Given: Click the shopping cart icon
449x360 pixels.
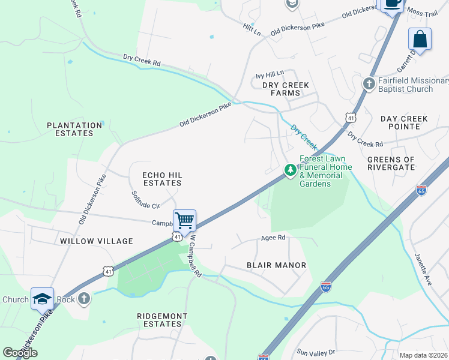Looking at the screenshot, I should click(x=185, y=220).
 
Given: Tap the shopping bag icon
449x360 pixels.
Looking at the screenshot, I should click(x=420, y=40).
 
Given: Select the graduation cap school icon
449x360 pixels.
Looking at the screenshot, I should click(x=42, y=298).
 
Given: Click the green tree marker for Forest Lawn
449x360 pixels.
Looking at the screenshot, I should click(x=291, y=171).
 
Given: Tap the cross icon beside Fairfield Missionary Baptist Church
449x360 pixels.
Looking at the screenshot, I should click(x=370, y=82).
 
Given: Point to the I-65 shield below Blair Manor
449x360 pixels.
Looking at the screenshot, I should click(x=326, y=286).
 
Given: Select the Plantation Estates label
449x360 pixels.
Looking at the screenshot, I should click(x=75, y=129).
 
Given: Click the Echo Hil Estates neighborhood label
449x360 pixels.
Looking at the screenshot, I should click(x=161, y=178).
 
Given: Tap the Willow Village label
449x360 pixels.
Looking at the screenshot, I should click(x=96, y=241).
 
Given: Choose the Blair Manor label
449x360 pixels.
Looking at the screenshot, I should click(x=277, y=265).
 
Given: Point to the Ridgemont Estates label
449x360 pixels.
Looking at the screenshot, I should click(x=162, y=320).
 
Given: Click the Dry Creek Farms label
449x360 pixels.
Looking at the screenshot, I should click(x=286, y=89).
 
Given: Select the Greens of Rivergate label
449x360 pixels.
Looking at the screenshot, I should click(x=391, y=164).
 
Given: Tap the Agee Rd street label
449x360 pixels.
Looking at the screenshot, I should click(x=273, y=238).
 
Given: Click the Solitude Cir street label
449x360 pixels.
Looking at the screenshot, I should click(x=145, y=200).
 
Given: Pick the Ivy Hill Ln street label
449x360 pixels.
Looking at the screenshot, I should click(x=270, y=75).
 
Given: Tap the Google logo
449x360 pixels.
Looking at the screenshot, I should click(x=20, y=353).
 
